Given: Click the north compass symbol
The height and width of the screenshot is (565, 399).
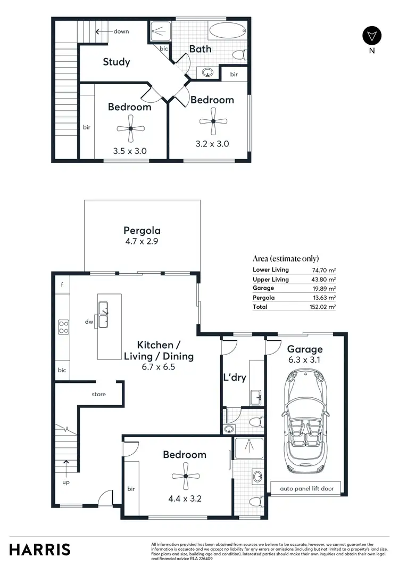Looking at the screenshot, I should click(x=371, y=36).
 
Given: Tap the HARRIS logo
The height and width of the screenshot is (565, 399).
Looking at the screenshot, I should click(x=40, y=549).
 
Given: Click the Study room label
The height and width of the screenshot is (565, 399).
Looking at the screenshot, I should click(x=116, y=62).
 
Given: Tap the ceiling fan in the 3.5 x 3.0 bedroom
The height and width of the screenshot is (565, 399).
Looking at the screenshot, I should click(x=130, y=128).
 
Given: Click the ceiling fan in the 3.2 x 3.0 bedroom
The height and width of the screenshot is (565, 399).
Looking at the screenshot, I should click(x=213, y=121).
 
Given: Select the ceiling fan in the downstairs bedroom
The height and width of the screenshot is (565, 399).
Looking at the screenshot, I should click(x=185, y=476).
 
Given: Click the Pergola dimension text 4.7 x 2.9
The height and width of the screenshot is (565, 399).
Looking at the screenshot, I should click(x=142, y=241).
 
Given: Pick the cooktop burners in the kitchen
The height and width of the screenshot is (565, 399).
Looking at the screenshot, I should click(x=63, y=326).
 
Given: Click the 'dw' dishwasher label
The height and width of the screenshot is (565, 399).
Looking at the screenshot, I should click(x=89, y=322).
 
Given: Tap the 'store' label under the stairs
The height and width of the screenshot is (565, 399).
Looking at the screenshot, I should click(x=98, y=395).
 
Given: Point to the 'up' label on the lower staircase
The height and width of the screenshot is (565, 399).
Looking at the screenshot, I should click(x=65, y=482).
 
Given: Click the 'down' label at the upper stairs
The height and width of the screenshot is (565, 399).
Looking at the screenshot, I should click(x=121, y=31).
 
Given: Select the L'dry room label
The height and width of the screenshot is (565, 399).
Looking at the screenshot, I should click(x=234, y=378).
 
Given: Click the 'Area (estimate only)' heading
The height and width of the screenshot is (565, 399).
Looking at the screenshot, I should click(x=286, y=258).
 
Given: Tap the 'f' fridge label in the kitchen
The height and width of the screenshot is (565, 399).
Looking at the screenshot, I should click(x=62, y=285).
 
